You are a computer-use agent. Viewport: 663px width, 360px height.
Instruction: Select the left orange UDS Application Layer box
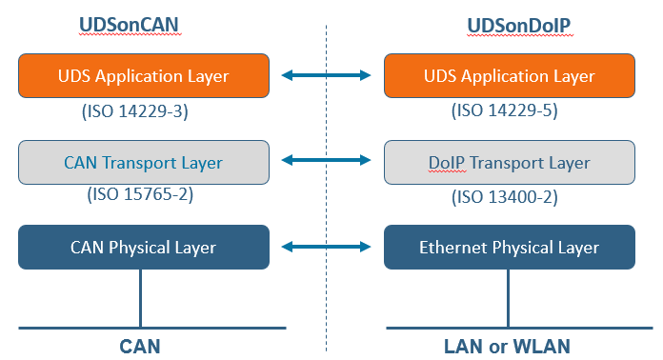(x=143, y=76)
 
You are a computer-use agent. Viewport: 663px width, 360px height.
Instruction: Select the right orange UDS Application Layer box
(x=509, y=76)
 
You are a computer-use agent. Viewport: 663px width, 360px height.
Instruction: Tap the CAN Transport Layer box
(x=143, y=163)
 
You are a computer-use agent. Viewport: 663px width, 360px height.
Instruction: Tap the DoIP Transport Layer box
(x=509, y=163)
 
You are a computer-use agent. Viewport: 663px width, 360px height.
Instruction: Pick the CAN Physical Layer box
(x=143, y=248)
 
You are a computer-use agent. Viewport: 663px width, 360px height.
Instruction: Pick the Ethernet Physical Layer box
(x=509, y=248)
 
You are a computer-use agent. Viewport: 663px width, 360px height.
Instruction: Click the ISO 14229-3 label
(x=135, y=110)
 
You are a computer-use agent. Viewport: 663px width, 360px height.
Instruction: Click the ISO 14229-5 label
(x=503, y=110)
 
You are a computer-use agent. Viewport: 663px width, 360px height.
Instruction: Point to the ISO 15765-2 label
(x=135, y=196)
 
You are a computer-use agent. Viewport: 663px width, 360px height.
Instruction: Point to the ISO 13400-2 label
(x=503, y=196)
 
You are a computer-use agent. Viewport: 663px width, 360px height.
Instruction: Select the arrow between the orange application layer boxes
(x=326, y=74)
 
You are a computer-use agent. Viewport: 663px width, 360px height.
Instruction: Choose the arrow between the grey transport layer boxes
(x=326, y=161)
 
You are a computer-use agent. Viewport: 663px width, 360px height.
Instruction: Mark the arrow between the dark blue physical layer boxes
(x=326, y=248)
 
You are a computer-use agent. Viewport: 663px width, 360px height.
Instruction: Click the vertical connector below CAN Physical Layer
(x=141, y=297)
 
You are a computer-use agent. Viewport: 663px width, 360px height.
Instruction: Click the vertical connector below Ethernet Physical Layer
(x=509, y=297)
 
